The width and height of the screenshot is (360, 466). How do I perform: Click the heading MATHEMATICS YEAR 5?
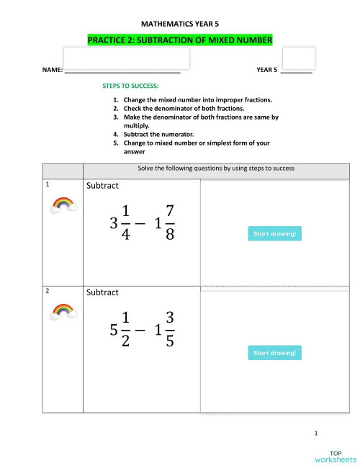[180, 24]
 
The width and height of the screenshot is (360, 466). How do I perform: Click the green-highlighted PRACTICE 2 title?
[180, 40]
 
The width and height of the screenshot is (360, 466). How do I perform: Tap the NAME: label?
[53, 71]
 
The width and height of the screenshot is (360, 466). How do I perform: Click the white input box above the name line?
[127, 58]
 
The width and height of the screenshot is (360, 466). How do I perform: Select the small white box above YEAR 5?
[298, 58]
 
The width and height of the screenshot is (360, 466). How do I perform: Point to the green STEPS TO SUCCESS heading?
[130, 86]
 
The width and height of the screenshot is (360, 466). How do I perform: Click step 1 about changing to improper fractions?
[198, 99]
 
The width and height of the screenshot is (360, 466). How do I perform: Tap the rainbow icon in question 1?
[63, 205]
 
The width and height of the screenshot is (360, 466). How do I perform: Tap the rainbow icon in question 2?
[63, 311]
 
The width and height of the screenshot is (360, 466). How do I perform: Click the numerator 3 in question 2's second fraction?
[169, 318]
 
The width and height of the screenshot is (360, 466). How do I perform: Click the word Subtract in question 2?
[102, 292]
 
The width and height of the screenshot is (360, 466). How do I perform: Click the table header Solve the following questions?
[216, 169]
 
